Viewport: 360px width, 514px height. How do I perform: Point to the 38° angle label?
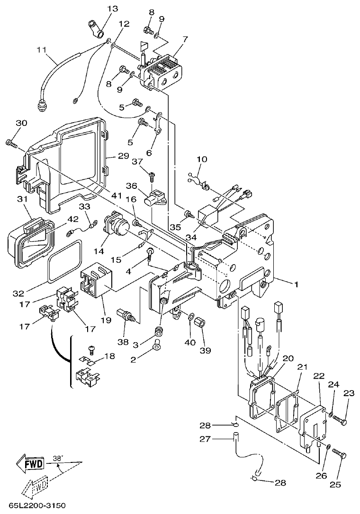(x=57, y=458)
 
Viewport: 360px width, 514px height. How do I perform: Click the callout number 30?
(x=21, y=123)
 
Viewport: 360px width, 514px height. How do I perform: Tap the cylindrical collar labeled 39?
(x=201, y=325)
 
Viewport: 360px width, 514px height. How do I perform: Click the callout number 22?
(x=318, y=375)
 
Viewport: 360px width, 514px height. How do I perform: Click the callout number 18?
(x=109, y=355)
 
